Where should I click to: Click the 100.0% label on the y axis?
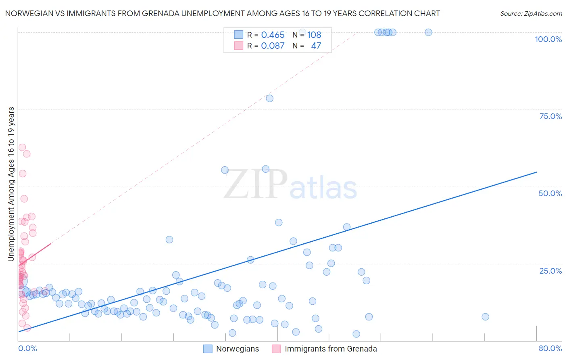click(548, 39)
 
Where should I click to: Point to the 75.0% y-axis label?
click(550, 116)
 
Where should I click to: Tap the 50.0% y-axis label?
click(550, 193)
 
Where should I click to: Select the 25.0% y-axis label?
click(550, 271)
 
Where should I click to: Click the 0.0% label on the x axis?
click(27, 348)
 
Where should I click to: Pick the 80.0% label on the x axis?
click(550, 348)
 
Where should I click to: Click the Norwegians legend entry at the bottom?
click(238, 349)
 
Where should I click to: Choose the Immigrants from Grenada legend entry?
click(331, 349)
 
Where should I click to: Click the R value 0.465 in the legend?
click(273, 35)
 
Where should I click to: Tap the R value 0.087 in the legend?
click(273, 46)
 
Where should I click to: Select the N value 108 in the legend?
click(314, 35)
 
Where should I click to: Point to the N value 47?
click(316, 46)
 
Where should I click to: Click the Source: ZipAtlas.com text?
click(531, 14)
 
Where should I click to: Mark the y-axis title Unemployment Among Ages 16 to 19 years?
click(11, 184)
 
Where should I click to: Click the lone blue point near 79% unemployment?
click(269, 98)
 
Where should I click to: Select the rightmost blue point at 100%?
click(428, 32)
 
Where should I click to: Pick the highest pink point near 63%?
click(22, 147)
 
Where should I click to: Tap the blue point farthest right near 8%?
click(485, 317)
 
